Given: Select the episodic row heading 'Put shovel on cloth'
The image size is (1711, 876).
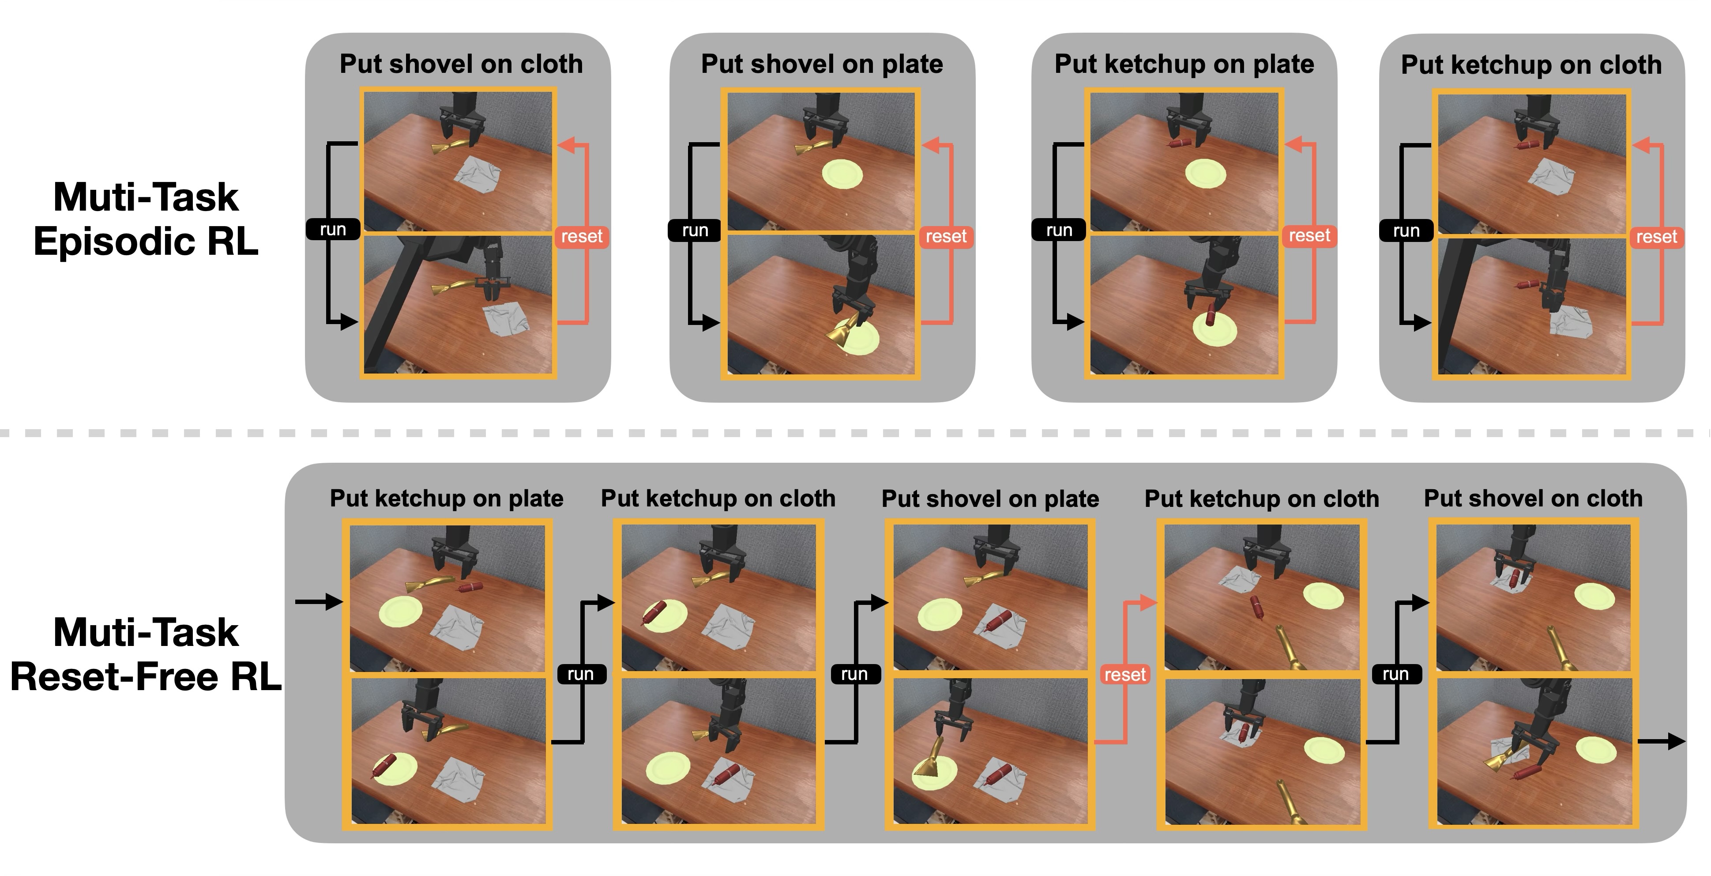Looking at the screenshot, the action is click(x=461, y=64).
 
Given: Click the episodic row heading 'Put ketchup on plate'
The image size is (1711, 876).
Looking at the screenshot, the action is click(x=1184, y=64).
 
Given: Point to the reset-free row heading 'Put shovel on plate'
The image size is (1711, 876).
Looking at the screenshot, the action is click(x=990, y=498).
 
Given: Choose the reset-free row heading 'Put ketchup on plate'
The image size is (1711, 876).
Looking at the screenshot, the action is click(x=446, y=498).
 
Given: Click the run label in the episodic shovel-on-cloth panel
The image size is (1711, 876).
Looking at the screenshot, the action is click(x=333, y=229).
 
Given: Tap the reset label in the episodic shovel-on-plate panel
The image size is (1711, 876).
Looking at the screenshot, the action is click(x=946, y=237).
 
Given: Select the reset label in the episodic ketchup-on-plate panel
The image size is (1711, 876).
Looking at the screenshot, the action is click(x=1309, y=236).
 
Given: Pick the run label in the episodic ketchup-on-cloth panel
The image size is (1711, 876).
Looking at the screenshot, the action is click(x=1406, y=230).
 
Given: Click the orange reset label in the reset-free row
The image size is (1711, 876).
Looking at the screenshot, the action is click(x=1124, y=675).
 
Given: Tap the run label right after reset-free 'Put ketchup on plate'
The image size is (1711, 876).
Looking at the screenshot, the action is click(x=580, y=674).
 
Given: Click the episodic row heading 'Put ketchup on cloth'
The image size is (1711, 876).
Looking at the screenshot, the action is click(x=1531, y=64).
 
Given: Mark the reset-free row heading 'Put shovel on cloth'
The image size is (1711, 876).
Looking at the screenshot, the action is click(x=1533, y=498).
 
